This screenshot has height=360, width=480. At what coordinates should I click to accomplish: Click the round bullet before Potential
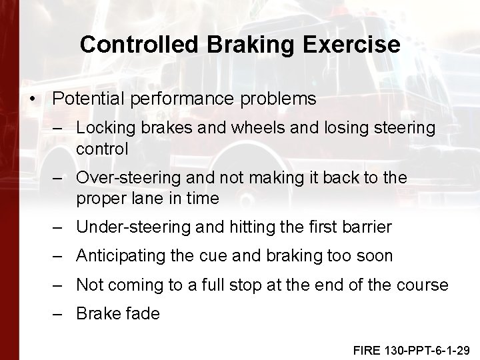[x=33, y=99]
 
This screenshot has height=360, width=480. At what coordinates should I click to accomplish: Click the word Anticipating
[x=117, y=256]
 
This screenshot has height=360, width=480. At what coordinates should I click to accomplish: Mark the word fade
[x=143, y=314]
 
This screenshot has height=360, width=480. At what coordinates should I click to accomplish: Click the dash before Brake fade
[x=60, y=314]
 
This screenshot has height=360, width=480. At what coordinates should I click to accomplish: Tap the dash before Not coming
[x=60, y=285]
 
